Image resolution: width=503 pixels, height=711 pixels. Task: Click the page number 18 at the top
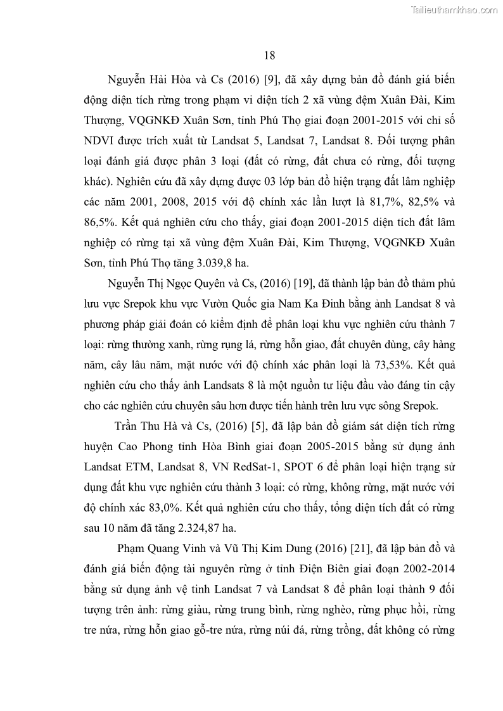coord(269,55)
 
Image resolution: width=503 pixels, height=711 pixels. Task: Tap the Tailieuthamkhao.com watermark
coord(455,9)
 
